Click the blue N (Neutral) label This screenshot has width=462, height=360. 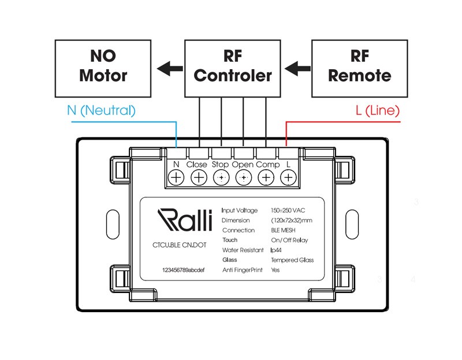click(x=101, y=110)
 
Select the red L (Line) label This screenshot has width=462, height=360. click(x=378, y=110)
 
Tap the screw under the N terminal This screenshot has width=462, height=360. click(x=176, y=178)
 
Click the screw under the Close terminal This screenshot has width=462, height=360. click(x=198, y=178)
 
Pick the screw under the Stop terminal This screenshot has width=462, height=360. click(x=221, y=178)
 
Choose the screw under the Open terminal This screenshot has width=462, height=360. click(x=243, y=178)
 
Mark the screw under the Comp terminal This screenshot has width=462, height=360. click(x=266, y=178)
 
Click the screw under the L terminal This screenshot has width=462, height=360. click(x=288, y=178)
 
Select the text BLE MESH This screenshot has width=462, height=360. click(x=284, y=230)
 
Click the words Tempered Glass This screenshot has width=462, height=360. click(x=292, y=260)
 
